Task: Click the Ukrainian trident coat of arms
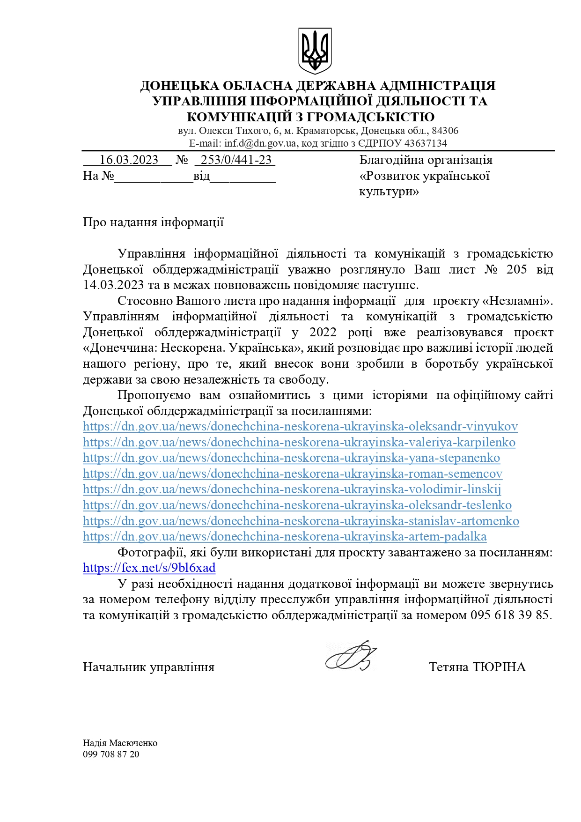pos(315,51)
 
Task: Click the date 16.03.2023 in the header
pos(129,160)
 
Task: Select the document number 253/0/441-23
pos(236,160)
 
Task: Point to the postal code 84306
pos(445,131)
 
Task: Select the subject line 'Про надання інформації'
pos(153,222)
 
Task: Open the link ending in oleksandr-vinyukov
pos(300,427)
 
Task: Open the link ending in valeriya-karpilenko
pos(299,443)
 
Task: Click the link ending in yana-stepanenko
pos(291,458)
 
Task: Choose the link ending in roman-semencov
pos(293,474)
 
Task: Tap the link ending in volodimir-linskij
pos(292,489)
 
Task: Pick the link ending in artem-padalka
pos(285,537)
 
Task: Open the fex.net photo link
pos(149,568)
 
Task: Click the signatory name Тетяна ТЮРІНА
pos(477,667)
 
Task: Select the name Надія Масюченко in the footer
pos(120,743)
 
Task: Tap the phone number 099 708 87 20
pos(111,755)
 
